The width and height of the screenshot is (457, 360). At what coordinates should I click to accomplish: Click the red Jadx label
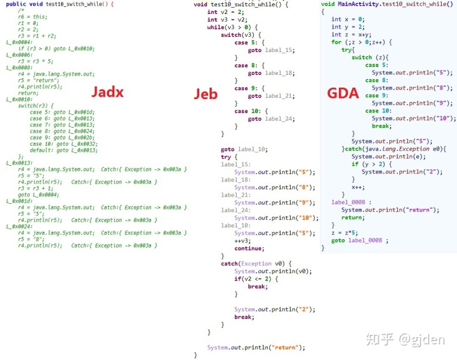pos(107,91)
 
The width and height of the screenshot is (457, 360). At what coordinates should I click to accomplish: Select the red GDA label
pos(344,93)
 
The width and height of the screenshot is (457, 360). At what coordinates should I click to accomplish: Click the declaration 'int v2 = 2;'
pos(223,11)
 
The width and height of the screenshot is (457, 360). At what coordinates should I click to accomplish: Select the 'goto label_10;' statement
pos(244,149)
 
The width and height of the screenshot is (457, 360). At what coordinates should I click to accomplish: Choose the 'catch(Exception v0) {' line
pos(256,263)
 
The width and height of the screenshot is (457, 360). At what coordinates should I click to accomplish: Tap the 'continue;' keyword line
pos(248,248)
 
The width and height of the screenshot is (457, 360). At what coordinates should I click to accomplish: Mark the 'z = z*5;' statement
pos(345,232)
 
